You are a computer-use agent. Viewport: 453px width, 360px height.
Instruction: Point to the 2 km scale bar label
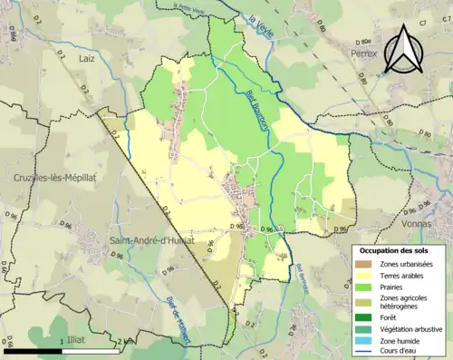(126, 341)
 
